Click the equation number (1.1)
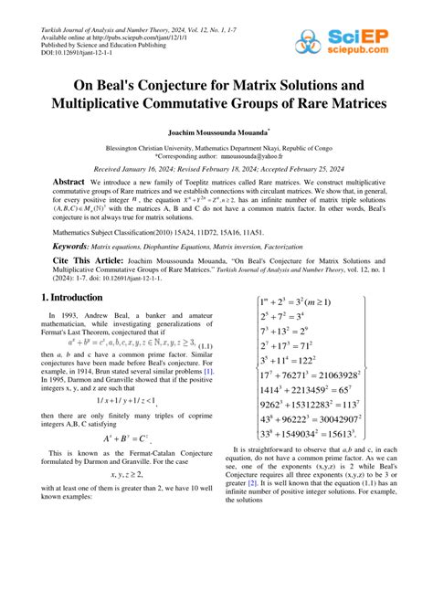tap(204, 347)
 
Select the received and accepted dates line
tap(215, 169)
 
